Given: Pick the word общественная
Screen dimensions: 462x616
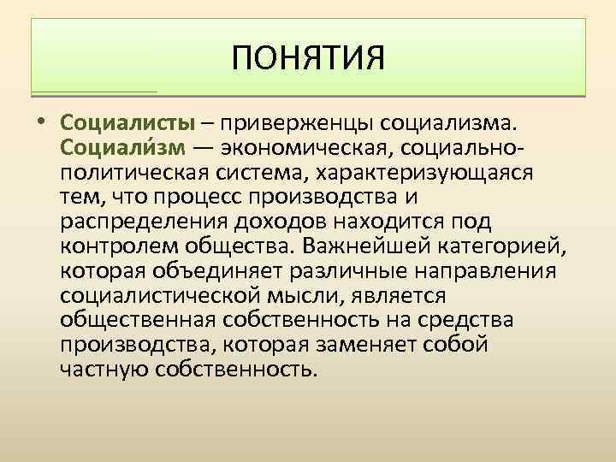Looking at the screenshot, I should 139,320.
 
